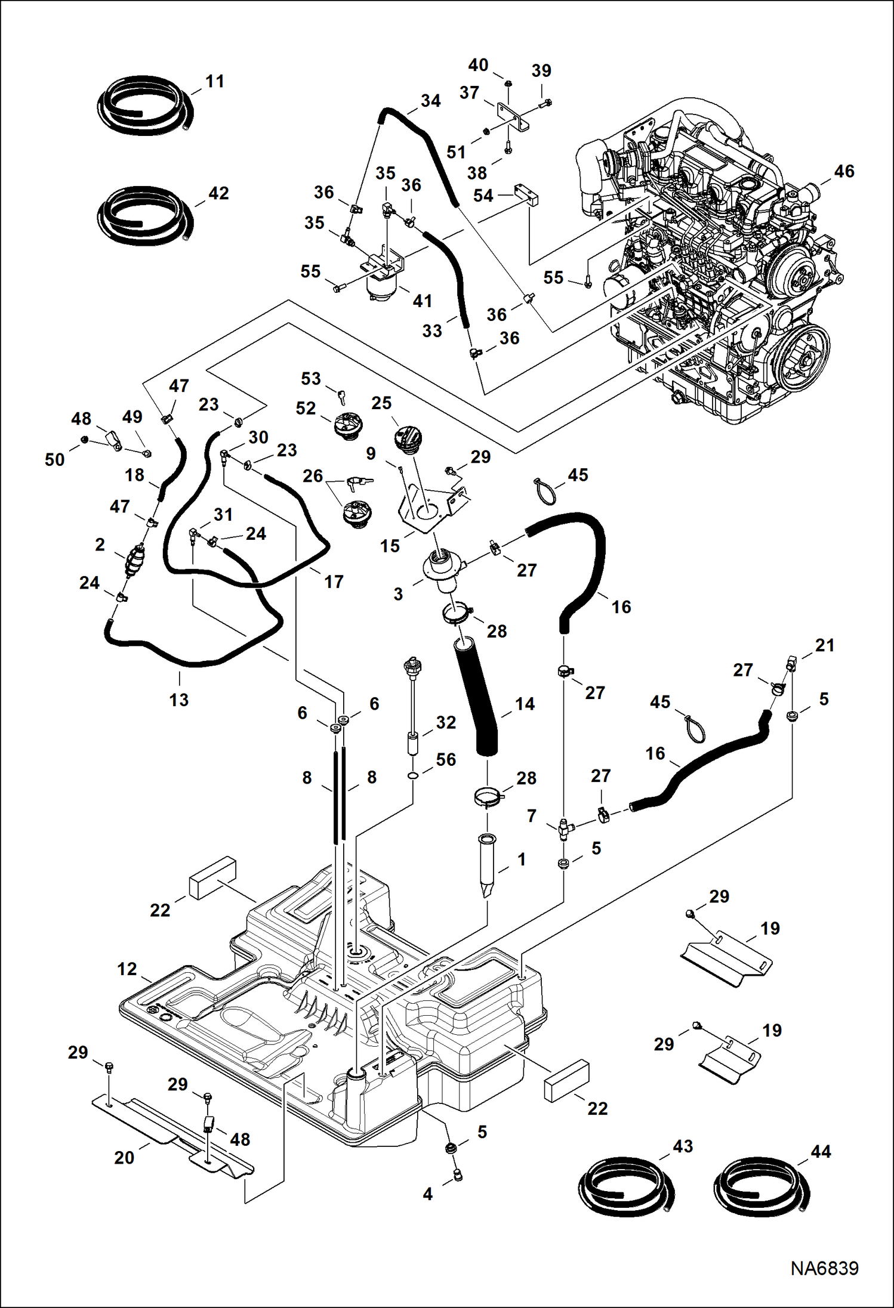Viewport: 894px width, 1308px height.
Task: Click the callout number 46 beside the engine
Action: [x=844, y=172]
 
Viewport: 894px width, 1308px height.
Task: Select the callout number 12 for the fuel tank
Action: [x=127, y=969]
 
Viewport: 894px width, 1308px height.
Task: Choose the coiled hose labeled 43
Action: [x=626, y=1189]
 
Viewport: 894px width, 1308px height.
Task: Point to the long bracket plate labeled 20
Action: [x=173, y=1136]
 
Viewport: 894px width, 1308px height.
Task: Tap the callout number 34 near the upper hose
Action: [x=430, y=101]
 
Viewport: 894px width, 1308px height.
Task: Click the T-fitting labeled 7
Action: [x=563, y=828]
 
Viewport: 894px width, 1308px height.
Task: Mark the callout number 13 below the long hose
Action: [x=178, y=700]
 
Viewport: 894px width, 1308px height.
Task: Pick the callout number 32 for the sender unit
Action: [x=446, y=722]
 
